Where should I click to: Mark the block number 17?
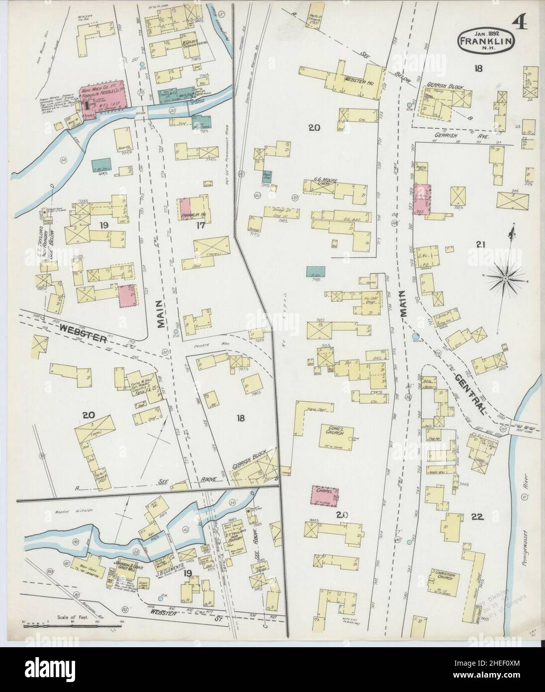pyautogui.click(x=200, y=226)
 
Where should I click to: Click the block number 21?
pyautogui.click(x=481, y=243)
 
